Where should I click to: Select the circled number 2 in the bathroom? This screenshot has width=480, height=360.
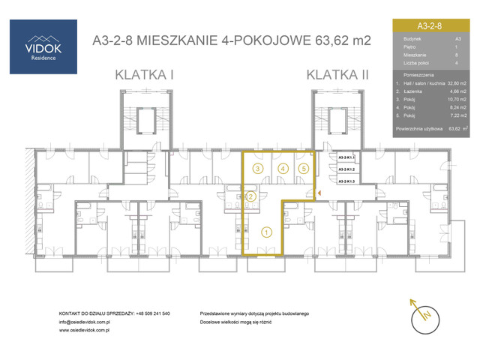coord(252,196)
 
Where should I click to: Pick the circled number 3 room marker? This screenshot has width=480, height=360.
coord(257,169)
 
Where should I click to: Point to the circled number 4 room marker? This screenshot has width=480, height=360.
coord(282,169)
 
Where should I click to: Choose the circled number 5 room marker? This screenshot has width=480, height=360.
coord(302,169)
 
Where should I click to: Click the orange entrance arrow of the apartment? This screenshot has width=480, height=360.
coord(319,194)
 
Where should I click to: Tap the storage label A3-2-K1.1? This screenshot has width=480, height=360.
coord(346,158)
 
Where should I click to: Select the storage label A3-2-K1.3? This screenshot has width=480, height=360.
coord(346,181)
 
